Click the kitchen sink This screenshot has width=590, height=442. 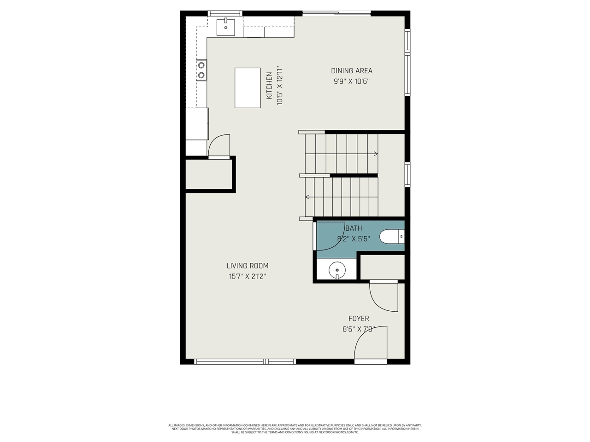[x=226, y=27]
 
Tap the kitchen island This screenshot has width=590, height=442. [x=248, y=87]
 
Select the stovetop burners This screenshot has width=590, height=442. [x=201, y=70]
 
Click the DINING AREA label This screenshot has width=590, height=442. [x=352, y=71]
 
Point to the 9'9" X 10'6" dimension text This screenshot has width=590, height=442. [x=352, y=81]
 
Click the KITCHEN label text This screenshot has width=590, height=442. [x=269, y=86]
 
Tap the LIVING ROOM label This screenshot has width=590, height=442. [x=248, y=266]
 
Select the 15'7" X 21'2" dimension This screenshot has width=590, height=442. [x=248, y=277]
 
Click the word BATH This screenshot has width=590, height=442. [x=354, y=228]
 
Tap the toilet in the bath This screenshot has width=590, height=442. [x=391, y=237]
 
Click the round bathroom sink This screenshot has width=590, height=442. [x=337, y=270]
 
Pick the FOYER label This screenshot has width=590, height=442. [x=358, y=319]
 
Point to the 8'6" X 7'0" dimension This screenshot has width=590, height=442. [x=358, y=329]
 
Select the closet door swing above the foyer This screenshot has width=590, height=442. [x=383, y=297]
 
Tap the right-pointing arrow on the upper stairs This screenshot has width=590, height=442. [x=376, y=154]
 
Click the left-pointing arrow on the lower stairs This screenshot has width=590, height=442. [x=307, y=197]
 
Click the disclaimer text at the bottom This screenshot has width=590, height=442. [x=295, y=429]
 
